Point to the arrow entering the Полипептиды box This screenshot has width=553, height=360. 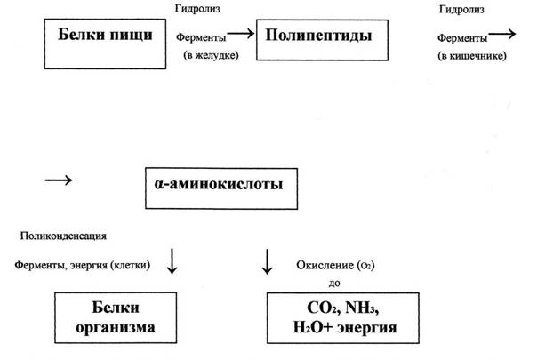pos(241,34)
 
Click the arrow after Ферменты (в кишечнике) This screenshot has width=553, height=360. pos(502,34)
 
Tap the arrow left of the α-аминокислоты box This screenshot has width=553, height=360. pos(59,180)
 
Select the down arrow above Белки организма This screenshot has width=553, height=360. pos(172,261)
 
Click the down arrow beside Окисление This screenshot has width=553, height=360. pos(267,261)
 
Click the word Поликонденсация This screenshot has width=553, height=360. pos(63,236)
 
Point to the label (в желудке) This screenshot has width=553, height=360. pos(212,55)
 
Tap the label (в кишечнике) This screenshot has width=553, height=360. pos(472,56)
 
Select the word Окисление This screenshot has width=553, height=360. pos(325,265)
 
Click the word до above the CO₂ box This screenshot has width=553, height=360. pos(334,284)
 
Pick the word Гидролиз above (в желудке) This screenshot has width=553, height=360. pos(197,9)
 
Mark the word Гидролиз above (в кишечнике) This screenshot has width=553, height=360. pos(461,10)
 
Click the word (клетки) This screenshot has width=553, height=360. pos(130,265)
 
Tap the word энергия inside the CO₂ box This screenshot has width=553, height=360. pos(367,328)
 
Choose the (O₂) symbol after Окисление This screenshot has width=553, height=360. pos(365,266)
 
